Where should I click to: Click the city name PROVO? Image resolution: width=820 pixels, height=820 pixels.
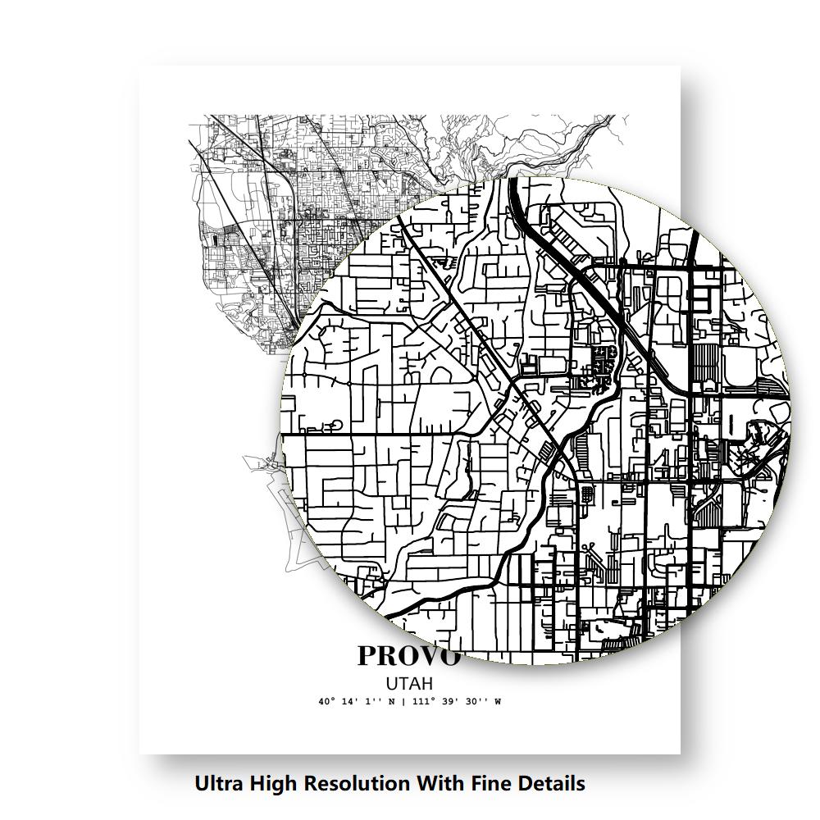[408, 656]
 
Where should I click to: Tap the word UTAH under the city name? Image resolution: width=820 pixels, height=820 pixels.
[409, 683]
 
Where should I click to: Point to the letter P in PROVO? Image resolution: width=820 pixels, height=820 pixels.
[368, 656]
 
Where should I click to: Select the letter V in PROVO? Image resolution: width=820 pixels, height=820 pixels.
[429, 657]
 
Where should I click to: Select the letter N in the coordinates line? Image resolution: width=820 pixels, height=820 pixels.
[392, 702]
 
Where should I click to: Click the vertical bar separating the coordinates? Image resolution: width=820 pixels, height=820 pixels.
[403, 702]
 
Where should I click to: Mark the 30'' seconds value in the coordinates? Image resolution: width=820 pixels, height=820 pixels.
[475, 702]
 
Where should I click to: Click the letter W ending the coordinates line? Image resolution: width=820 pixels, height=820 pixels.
[497, 702]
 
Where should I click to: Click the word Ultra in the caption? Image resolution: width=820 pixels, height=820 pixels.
[217, 783]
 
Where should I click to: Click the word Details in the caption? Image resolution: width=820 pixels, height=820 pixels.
[550, 783]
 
